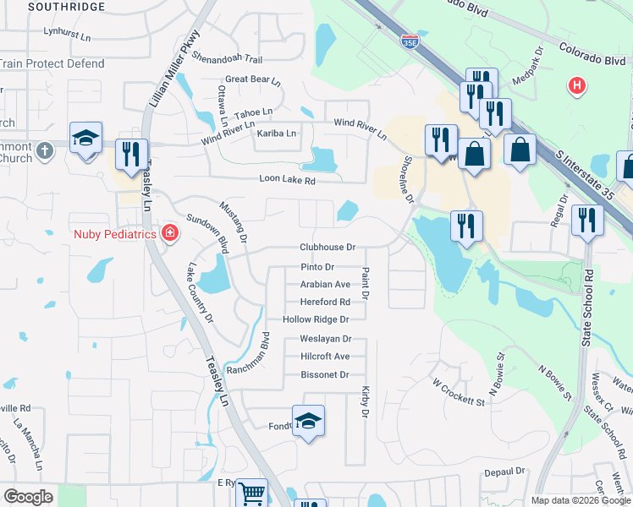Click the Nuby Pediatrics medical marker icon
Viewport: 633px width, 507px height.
(x=170, y=233)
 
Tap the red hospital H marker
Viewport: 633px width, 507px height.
(x=577, y=85)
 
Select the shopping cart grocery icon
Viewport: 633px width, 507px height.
(x=250, y=493)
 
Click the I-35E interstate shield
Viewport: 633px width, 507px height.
(x=410, y=39)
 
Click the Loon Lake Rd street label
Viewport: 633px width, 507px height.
(x=287, y=180)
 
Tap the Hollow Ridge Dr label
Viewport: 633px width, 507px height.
(x=316, y=319)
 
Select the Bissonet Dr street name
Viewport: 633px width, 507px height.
(x=325, y=374)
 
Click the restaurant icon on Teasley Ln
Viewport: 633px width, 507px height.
(x=129, y=154)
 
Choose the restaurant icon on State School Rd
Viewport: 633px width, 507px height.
(x=586, y=220)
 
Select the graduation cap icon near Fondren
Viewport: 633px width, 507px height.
(x=309, y=420)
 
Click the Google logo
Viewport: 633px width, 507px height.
(x=29, y=497)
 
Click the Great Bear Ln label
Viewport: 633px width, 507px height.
(x=252, y=79)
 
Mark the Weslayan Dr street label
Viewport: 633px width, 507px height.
(x=325, y=339)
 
